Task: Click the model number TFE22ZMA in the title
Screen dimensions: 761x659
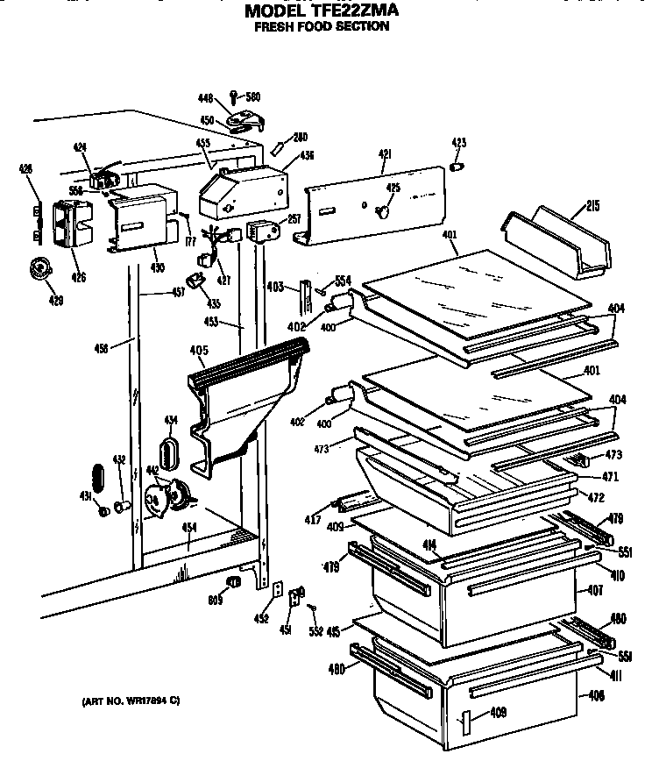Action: click(360, 12)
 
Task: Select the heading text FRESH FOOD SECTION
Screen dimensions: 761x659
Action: click(321, 27)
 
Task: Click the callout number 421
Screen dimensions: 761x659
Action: click(384, 154)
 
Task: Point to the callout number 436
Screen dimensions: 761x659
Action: click(307, 155)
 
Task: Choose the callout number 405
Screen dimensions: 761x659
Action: click(198, 351)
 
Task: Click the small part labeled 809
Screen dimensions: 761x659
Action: click(234, 583)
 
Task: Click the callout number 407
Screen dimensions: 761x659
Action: click(595, 592)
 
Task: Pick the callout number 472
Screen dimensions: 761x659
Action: click(596, 497)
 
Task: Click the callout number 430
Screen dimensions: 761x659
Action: click(157, 267)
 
